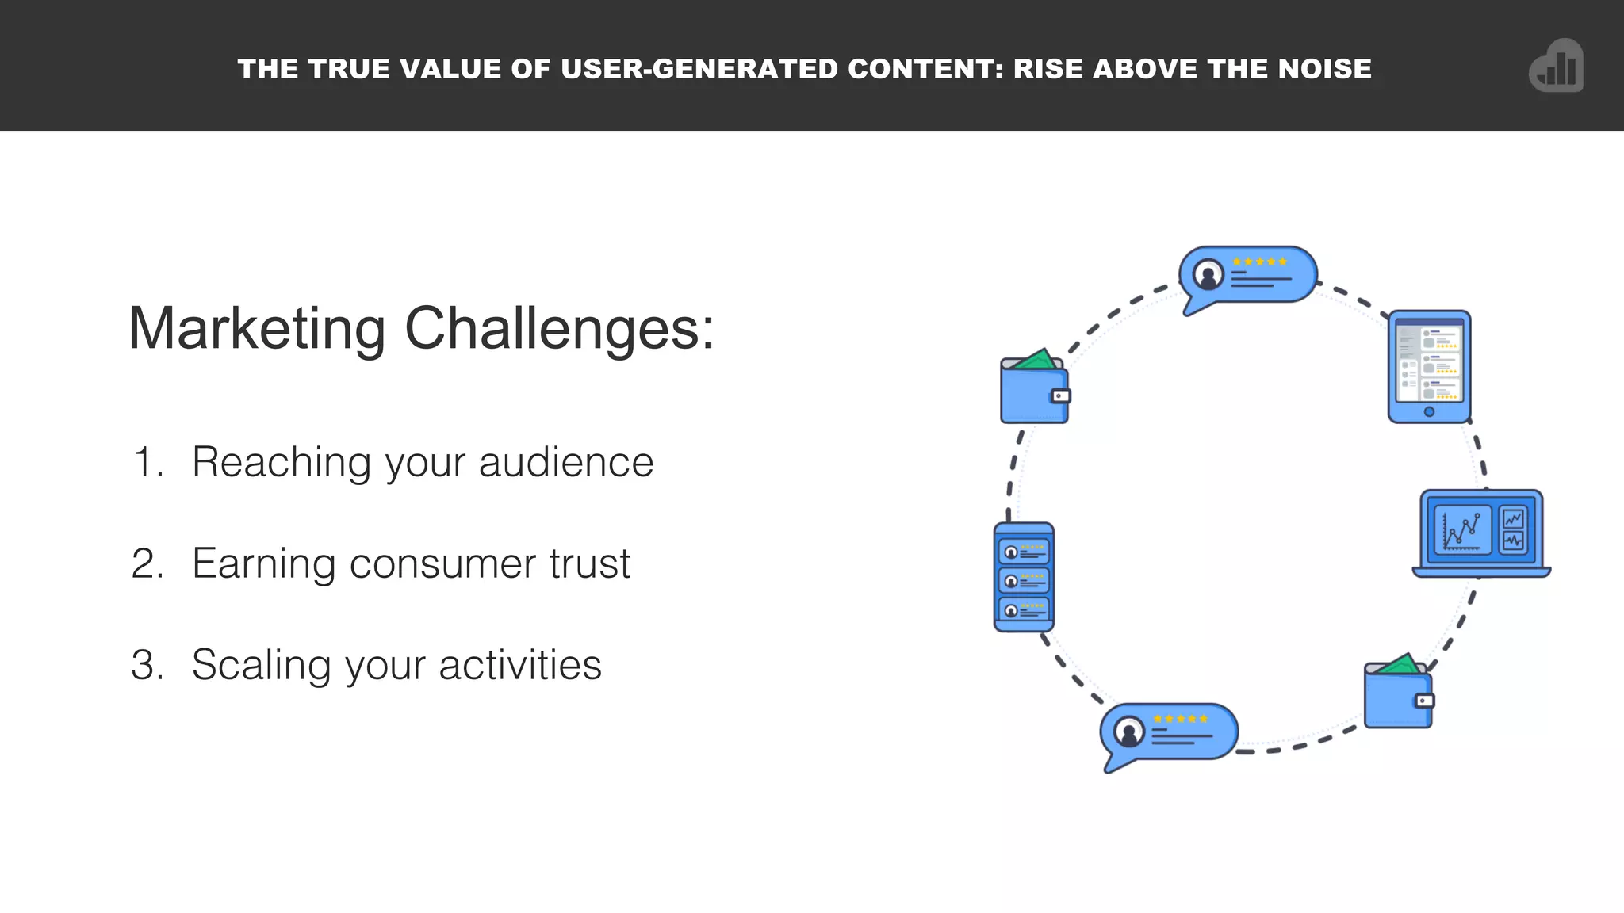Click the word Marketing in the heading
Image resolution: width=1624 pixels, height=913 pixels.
(x=256, y=329)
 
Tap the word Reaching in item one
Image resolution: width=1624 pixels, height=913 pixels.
(x=281, y=462)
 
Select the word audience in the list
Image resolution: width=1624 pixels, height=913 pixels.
(x=565, y=462)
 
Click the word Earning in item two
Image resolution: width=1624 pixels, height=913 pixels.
(x=264, y=563)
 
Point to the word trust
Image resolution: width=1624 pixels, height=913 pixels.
(x=589, y=563)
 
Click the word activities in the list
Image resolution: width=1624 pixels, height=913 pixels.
(x=519, y=665)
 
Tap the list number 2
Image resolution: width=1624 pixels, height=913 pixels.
(x=147, y=563)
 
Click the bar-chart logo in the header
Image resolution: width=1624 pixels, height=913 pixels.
(x=1556, y=67)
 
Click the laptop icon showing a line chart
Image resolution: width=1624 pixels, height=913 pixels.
(x=1480, y=533)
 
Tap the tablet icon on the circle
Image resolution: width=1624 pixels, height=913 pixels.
(x=1429, y=366)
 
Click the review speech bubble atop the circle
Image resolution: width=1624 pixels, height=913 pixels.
(x=1247, y=276)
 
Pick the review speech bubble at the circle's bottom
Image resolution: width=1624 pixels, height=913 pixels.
(x=1169, y=733)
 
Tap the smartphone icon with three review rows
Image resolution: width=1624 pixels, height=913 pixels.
(x=1024, y=577)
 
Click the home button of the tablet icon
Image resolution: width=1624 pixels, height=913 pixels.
(x=1429, y=411)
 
